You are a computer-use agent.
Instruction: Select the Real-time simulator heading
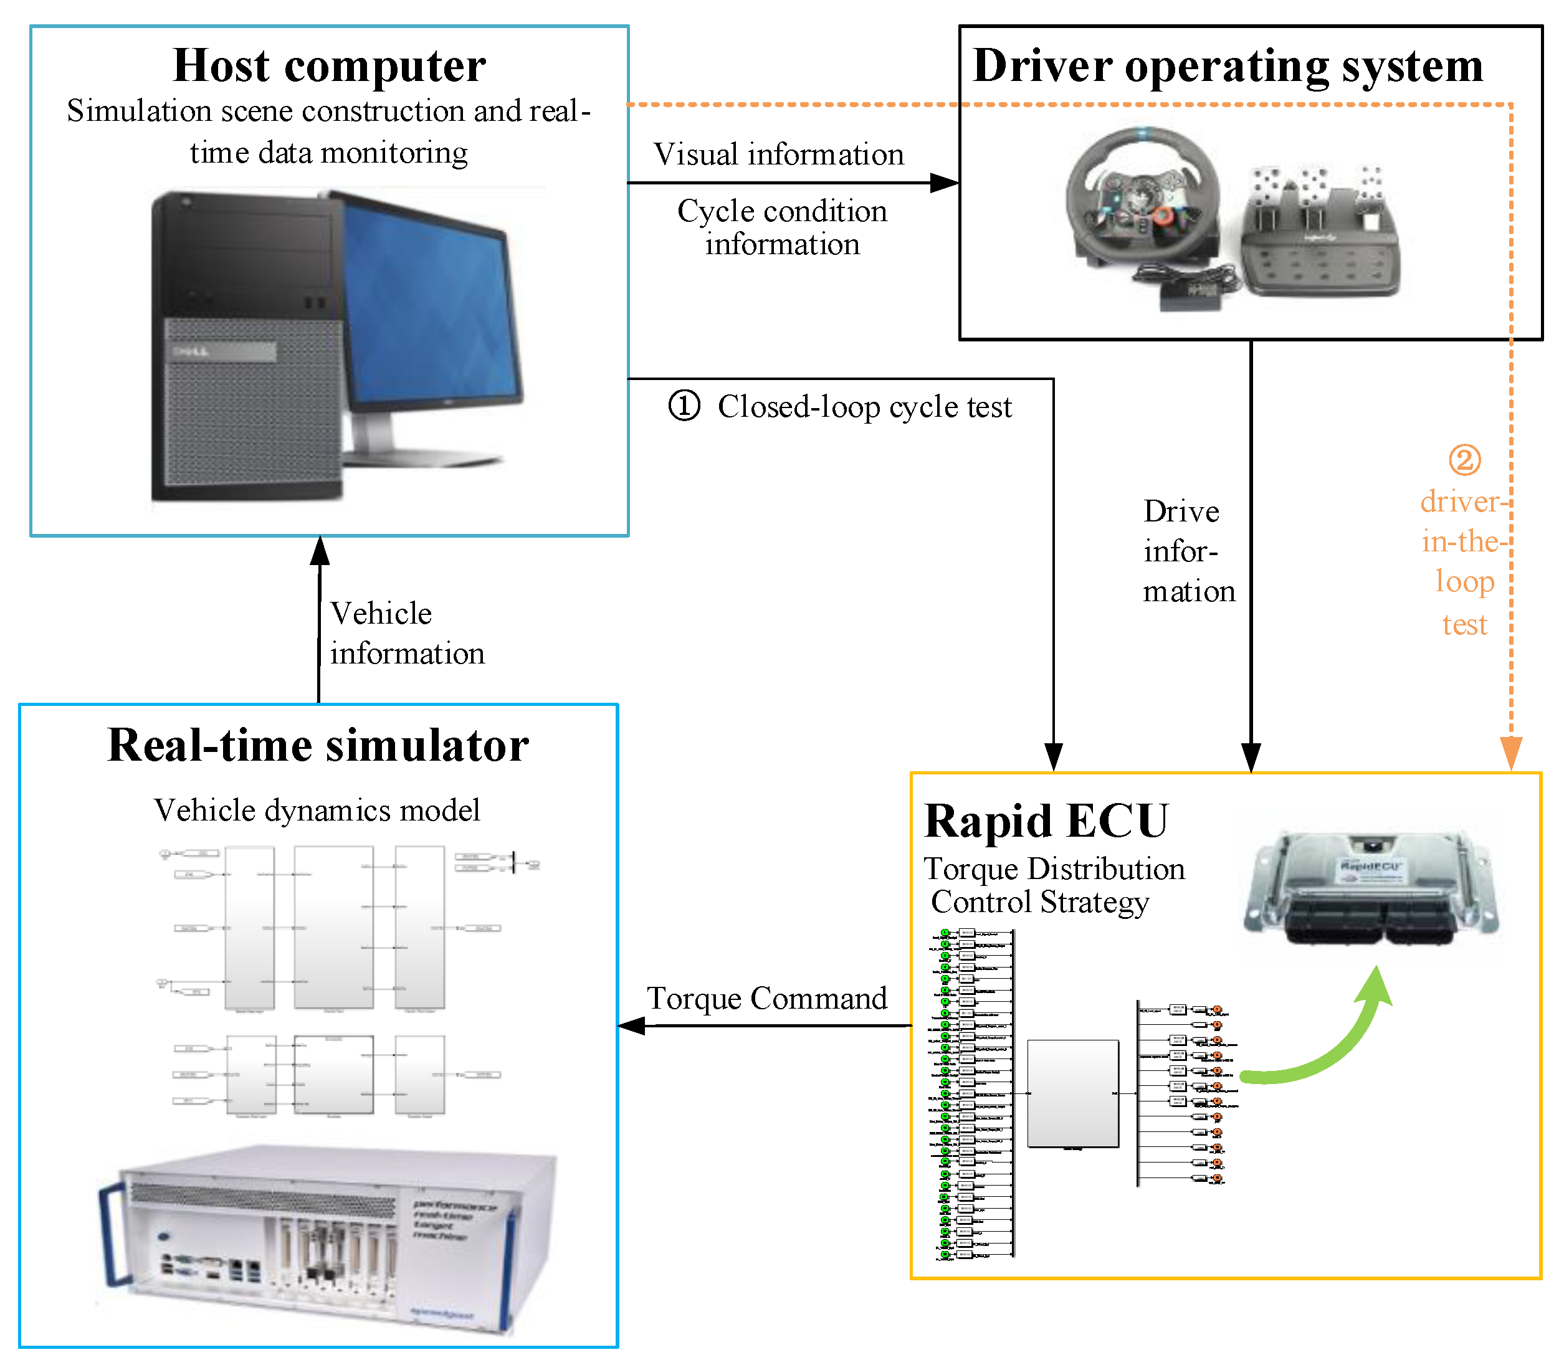pyautogui.click(x=318, y=745)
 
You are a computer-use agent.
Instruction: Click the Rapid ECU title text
pyautogui.click(x=1046, y=821)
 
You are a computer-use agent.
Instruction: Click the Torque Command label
pyautogui.click(x=766, y=999)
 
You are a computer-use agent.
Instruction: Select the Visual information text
pyautogui.click(x=778, y=155)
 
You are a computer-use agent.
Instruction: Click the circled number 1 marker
pyautogui.click(x=684, y=406)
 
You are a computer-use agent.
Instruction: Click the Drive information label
pyautogui.click(x=1187, y=551)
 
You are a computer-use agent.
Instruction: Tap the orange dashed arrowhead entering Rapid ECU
pyautogui.click(x=1510, y=753)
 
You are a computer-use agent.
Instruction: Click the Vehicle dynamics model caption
pyautogui.click(x=317, y=811)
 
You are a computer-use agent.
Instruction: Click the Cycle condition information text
pyautogui.click(x=782, y=227)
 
